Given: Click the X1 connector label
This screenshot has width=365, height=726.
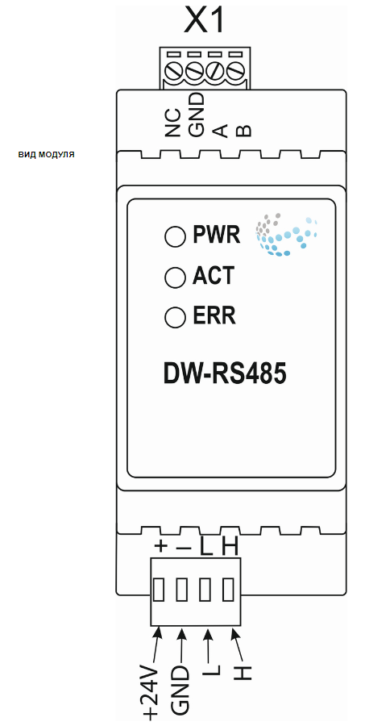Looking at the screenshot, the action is point(205,21).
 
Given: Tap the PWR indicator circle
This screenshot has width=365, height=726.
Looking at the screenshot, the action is point(174,236).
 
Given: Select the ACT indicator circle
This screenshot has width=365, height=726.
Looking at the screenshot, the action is point(174,277).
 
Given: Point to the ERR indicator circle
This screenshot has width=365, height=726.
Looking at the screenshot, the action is point(174,317).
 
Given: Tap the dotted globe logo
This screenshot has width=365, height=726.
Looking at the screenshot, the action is point(287,235).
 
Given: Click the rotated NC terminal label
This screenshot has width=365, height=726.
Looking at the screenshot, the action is point(172,123).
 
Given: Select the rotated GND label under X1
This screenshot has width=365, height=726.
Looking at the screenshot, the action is point(196,115).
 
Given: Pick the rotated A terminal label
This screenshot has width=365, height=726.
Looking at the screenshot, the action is point(220,131).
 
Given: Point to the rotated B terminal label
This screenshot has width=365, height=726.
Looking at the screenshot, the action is point(243,131).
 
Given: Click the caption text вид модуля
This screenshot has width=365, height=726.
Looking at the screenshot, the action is point(46,154).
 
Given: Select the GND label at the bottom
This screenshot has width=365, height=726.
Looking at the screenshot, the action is point(180,690).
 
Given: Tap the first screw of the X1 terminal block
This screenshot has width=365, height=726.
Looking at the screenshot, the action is point(173,72).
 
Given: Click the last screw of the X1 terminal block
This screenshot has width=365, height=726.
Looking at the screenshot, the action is point(235,72).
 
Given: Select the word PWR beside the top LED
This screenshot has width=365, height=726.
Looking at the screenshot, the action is point(217,236).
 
